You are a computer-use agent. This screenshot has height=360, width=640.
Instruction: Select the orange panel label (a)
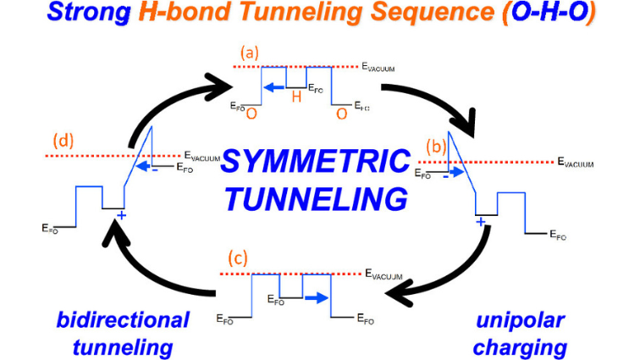[x=251, y=53]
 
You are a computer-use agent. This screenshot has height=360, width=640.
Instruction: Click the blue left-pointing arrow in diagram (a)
[x=273, y=86]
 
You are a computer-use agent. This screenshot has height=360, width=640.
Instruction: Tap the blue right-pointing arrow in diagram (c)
[x=317, y=298]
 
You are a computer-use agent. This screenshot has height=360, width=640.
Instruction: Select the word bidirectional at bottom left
[x=124, y=319]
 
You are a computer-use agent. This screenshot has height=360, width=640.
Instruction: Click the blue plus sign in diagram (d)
[x=120, y=215]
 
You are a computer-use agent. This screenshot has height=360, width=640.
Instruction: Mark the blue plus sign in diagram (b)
[x=480, y=222]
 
